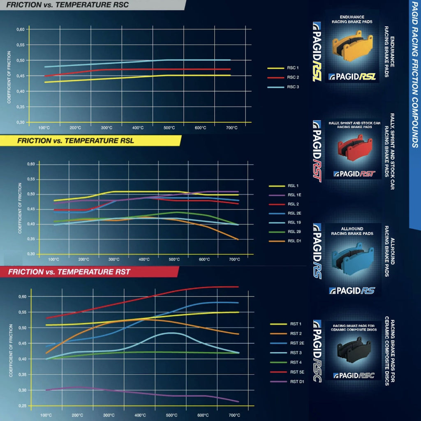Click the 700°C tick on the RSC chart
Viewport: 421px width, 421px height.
click(232, 128)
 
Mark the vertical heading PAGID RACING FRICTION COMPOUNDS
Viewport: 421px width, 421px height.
click(414, 74)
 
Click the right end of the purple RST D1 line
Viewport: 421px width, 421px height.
click(238, 402)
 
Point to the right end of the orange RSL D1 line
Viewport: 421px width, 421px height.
click(238, 239)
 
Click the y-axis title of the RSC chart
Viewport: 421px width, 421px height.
click(9, 76)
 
